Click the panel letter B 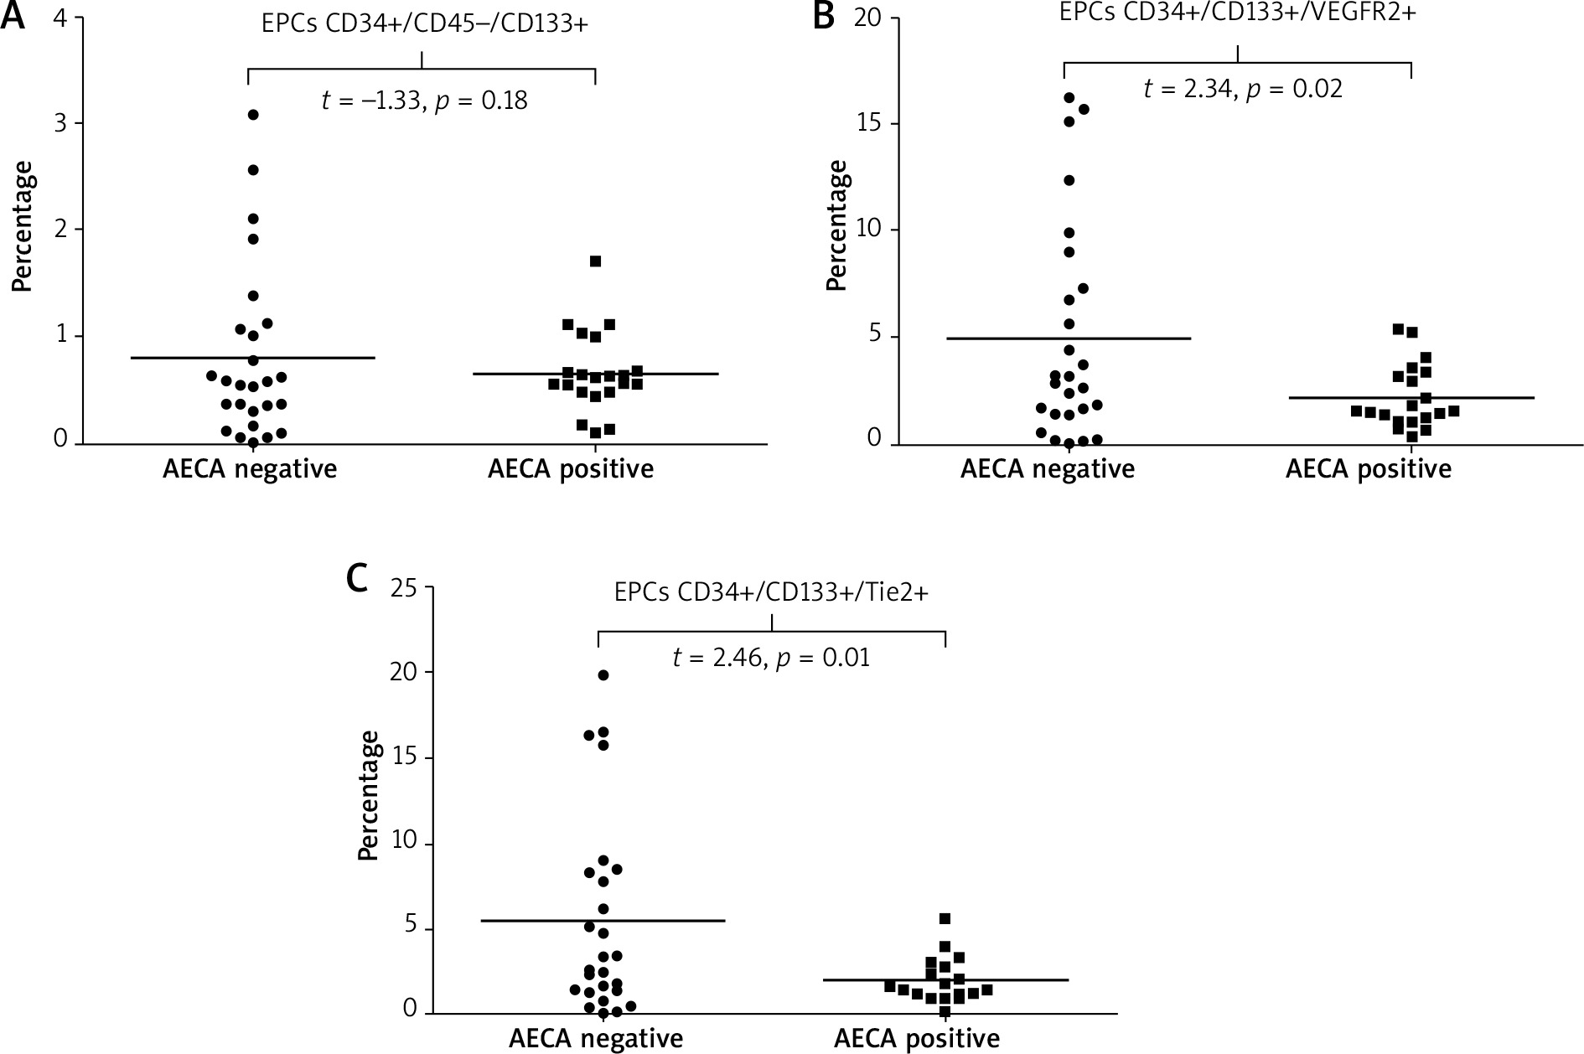[825, 17]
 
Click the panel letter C [358, 577]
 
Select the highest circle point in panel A [253, 115]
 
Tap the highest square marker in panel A [595, 261]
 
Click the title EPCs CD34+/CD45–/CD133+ [422, 24]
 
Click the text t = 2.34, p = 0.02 [1243, 89]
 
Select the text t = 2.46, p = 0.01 [771, 658]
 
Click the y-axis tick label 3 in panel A [61, 124]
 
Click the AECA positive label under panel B [1368, 469]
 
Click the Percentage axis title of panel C [369, 794]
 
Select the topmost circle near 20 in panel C [603, 674]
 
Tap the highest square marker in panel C [945, 918]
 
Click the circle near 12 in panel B [1069, 180]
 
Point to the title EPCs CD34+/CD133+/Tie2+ [771, 593]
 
